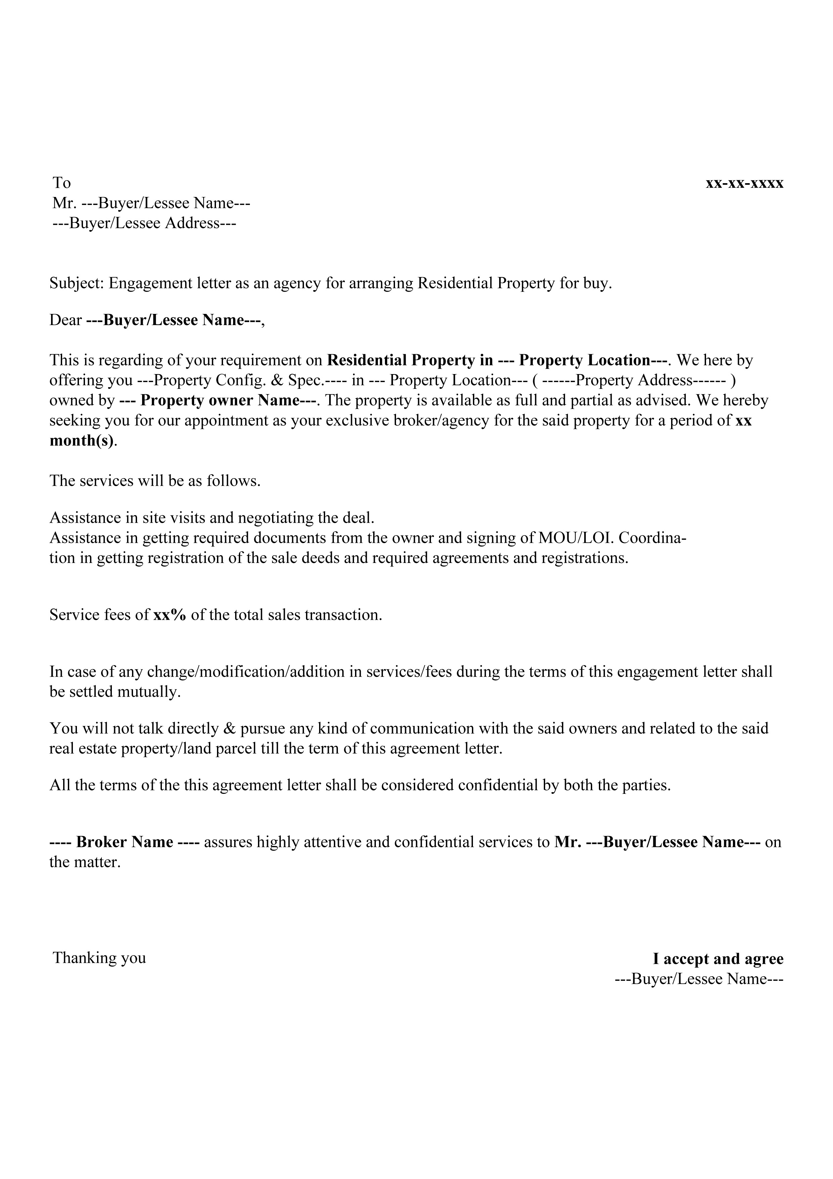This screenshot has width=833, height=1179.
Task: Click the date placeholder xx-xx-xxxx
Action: point(744,183)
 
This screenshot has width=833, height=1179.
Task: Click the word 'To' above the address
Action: point(61,183)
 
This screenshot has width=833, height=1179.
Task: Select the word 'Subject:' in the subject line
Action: point(77,283)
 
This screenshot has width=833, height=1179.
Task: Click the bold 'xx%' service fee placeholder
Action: point(169,615)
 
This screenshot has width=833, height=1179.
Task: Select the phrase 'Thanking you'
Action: point(99,958)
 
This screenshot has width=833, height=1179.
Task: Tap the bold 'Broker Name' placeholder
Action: point(125,842)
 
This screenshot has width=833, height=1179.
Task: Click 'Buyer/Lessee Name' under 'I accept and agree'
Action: point(699,979)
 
